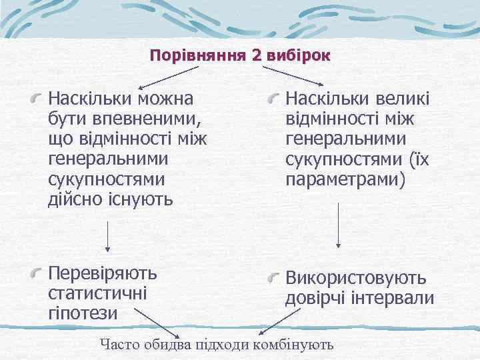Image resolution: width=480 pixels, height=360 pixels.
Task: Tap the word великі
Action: (x=399, y=99)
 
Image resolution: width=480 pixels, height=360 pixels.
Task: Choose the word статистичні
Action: (x=99, y=293)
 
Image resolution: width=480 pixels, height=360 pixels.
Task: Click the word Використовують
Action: (x=356, y=278)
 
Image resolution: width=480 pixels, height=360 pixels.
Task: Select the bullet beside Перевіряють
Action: (x=39, y=273)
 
